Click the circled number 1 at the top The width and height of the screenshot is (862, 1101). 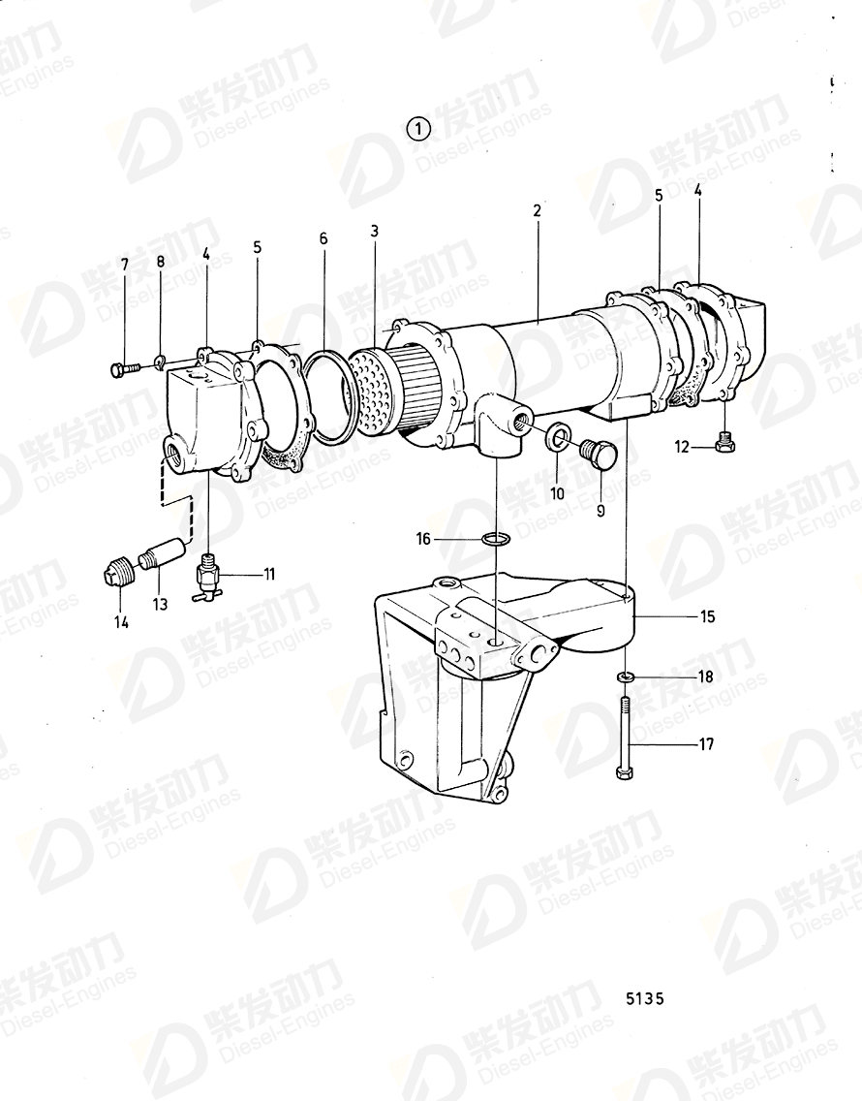[x=418, y=128]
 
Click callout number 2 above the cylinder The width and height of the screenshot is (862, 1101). [x=537, y=210]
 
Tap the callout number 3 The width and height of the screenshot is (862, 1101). [x=374, y=231]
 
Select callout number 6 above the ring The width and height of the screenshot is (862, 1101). [x=323, y=238]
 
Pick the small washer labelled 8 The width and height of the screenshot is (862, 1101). [x=161, y=363]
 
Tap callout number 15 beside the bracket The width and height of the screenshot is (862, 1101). [x=708, y=616]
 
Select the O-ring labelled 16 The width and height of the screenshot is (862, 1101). [x=496, y=539]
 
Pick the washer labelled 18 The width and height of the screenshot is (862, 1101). [x=626, y=676]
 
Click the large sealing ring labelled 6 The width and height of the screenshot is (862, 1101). [x=329, y=397]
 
